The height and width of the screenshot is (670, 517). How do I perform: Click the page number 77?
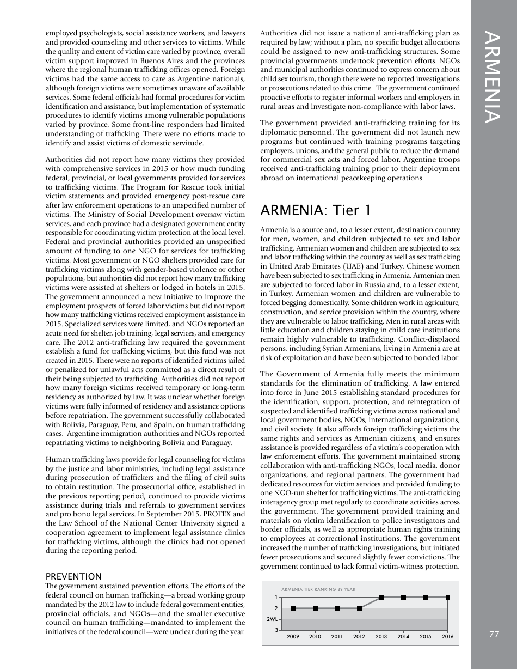coord(494,634)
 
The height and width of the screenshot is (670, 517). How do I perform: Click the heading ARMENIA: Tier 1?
coord(316,210)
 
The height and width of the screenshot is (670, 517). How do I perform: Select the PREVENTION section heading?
coord(73,576)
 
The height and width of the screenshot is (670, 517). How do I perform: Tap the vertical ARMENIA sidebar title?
coord(493,77)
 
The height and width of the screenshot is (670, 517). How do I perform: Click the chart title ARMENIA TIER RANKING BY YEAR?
coord(318,589)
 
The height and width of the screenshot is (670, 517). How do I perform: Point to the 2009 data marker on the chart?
coord(293,608)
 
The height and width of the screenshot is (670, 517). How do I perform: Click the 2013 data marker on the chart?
coord(381,597)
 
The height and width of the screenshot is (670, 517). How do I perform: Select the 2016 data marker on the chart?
coord(447,597)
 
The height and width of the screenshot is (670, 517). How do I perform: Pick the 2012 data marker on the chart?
coord(359,608)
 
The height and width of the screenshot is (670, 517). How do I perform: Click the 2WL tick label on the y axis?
coord(272,619)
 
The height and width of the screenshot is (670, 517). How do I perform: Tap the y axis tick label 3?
coord(276,630)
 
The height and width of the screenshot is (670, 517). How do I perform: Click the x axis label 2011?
coord(337,636)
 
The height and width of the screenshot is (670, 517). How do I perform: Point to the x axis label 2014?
coord(403,636)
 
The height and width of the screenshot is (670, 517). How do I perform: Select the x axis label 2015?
coord(426,636)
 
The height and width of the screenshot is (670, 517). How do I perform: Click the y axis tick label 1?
coord(276,597)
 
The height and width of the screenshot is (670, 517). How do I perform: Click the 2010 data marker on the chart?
coord(315,608)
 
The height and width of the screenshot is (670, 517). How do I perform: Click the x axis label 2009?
coord(293,636)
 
